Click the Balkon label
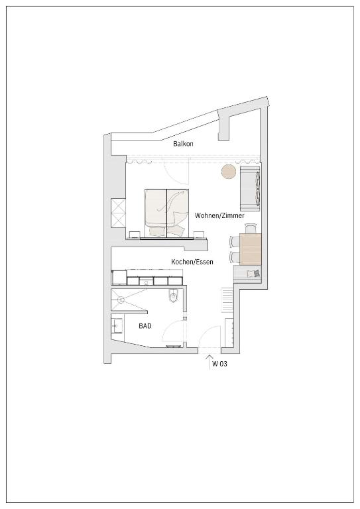tap(183, 143)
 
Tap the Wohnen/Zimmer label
tap(219, 215)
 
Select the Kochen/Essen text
tap(192, 262)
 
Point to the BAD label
tap(145, 326)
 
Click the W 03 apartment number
tap(219, 364)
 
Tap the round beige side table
tap(229, 172)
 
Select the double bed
tap(167, 213)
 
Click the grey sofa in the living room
tap(250, 189)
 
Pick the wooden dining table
tap(251, 249)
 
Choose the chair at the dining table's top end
tap(251, 228)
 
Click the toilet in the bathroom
tap(174, 296)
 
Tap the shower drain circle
tap(121, 300)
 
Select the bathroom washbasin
tap(117, 325)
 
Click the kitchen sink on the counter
tap(147, 281)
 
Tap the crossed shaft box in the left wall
tap(118, 213)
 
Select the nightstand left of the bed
tap(134, 235)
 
